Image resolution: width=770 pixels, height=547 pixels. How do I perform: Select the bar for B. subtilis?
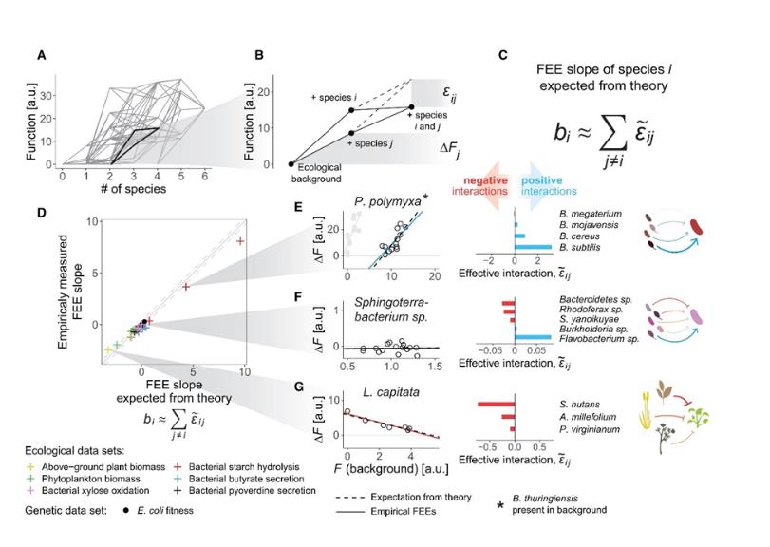(533, 247)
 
